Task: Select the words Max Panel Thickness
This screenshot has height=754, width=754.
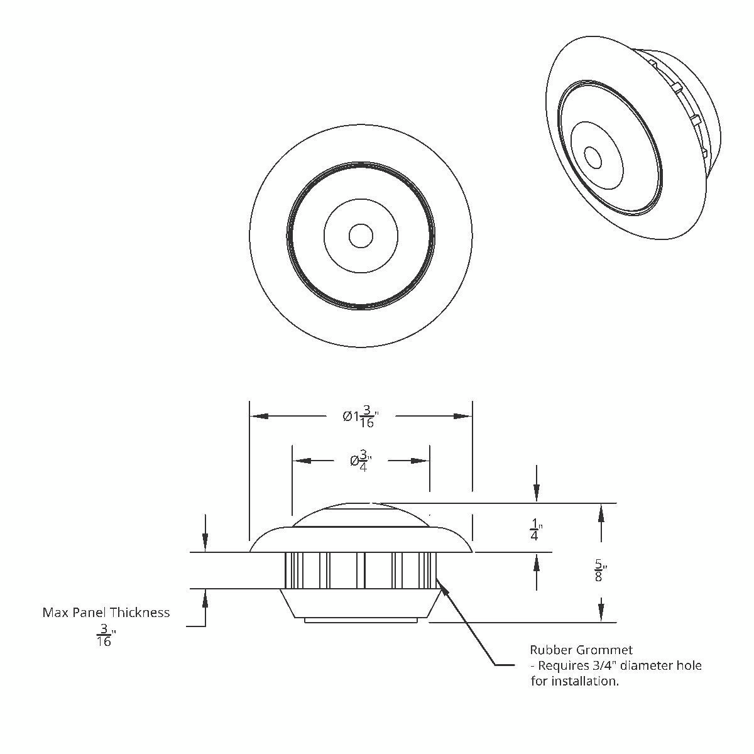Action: [x=106, y=612]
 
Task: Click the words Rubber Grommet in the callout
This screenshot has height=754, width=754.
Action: [x=581, y=650]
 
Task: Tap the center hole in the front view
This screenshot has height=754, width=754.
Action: [x=361, y=236]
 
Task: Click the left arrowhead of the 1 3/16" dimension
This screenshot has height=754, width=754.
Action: [x=258, y=416]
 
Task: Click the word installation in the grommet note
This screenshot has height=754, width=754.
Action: [x=584, y=680]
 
